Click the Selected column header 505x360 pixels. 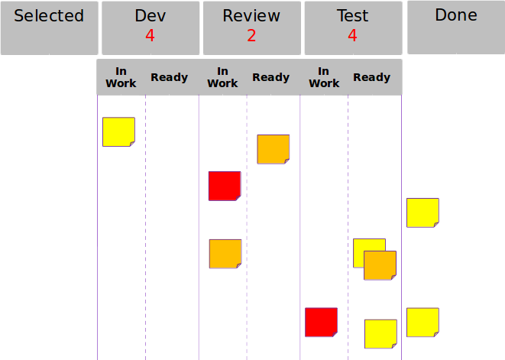(x=49, y=16)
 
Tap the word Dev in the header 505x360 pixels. (x=150, y=16)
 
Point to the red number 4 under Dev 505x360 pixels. (x=150, y=34)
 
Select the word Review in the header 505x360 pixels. (x=251, y=16)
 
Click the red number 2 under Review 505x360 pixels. (x=251, y=34)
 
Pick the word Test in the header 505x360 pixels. (x=352, y=16)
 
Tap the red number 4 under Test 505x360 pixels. (x=352, y=34)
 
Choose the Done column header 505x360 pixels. (x=455, y=15)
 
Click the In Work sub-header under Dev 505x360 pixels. (x=121, y=77)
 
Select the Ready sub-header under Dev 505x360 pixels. (x=169, y=77)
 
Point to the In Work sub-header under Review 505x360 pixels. (x=222, y=77)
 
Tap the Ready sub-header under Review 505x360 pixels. (x=270, y=77)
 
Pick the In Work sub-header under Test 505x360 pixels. (x=324, y=77)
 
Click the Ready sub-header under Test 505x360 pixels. (x=372, y=77)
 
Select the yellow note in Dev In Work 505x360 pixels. (x=118, y=131)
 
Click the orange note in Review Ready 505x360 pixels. (x=273, y=149)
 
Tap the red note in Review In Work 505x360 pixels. (x=225, y=186)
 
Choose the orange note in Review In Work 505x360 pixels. (x=225, y=254)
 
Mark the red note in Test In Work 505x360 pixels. (x=321, y=322)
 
